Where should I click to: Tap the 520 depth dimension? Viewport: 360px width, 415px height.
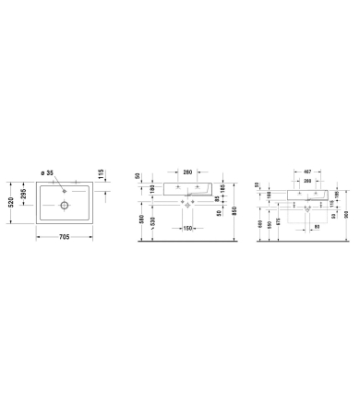(x=11, y=202)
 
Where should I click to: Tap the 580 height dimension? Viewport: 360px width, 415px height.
(x=141, y=220)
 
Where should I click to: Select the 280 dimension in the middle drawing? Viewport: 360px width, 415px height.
(x=186, y=172)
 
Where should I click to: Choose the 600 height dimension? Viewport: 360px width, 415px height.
(x=260, y=227)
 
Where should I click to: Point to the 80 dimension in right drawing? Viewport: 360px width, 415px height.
(x=318, y=226)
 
